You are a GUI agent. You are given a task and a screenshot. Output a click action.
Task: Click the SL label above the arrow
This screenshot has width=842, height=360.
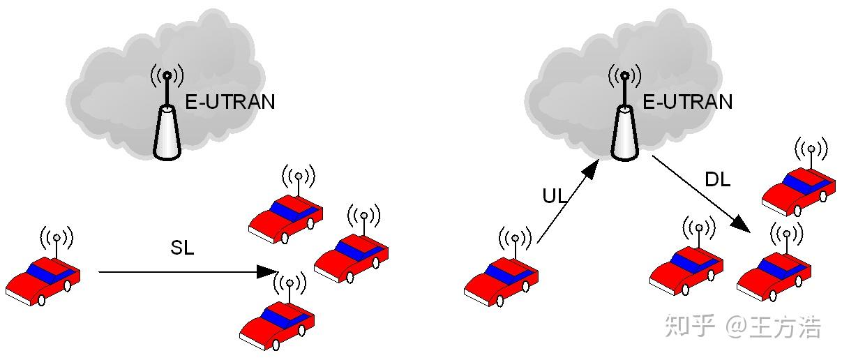point(182,248)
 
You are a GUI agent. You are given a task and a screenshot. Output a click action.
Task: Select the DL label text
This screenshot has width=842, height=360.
point(717,180)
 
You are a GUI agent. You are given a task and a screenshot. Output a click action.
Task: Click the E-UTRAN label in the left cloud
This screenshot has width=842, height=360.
point(230,102)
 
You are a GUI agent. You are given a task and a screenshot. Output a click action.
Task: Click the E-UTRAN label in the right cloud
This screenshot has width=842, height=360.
point(687,102)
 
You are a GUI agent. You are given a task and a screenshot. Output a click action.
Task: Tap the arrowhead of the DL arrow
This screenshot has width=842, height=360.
point(742,226)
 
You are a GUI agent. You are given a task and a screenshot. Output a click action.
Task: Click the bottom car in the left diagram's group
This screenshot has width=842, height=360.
point(276,325)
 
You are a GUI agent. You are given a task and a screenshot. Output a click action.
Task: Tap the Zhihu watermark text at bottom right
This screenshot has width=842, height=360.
point(742,327)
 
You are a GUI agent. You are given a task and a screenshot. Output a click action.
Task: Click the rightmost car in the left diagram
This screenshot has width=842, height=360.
point(351,257)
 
